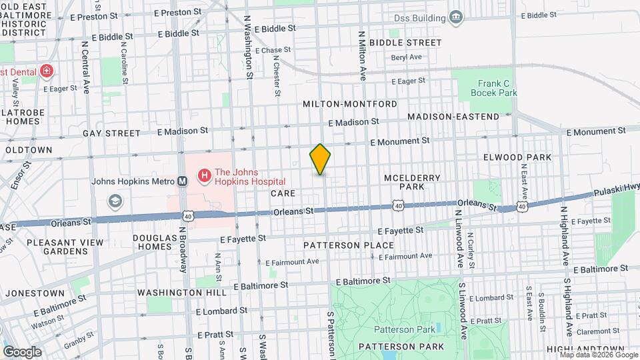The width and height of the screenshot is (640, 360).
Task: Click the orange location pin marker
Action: click(x=320, y=159)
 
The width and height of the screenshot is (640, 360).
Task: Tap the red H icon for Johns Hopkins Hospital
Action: click(x=204, y=176)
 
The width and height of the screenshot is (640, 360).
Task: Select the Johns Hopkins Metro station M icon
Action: click(x=181, y=181)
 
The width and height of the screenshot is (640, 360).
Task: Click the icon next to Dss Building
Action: click(x=456, y=17)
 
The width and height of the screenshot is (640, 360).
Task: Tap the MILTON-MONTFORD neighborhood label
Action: click(x=349, y=104)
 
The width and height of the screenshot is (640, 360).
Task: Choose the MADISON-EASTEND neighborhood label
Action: click(x=453, y=117)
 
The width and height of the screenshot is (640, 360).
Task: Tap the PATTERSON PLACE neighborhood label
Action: click(x=348, y=245)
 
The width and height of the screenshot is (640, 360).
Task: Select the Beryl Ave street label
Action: click(x=407, y=57)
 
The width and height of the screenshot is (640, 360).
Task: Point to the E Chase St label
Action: click(x=272, y=50)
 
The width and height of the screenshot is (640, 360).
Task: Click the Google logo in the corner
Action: click(x=22, y=351)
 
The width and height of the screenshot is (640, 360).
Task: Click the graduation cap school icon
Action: click(x=115, y=201)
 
